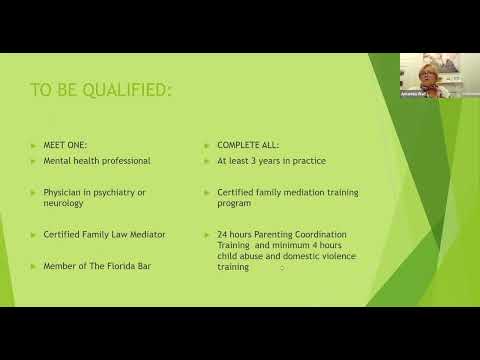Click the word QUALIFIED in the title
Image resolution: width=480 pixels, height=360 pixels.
click(128, 92)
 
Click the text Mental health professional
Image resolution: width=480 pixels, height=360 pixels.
click(96, 160)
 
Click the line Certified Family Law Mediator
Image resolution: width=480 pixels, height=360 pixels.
click(104, 234)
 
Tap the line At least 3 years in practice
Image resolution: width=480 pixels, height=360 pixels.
click(266, 160)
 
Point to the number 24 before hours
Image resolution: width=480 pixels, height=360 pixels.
click(222, 234)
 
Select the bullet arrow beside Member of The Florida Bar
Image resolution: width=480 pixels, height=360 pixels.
click(33, 266)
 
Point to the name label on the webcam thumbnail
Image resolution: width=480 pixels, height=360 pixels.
click(414, 94)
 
